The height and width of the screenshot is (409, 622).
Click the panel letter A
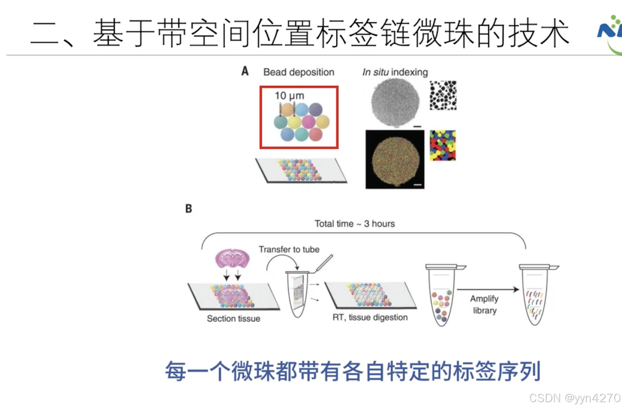(245, 71)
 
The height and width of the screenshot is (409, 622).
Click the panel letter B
(188, 209)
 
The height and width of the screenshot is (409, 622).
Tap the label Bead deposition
(299, 72)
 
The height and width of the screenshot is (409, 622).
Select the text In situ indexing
(395, 72)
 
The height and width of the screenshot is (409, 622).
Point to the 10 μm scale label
(289, 96)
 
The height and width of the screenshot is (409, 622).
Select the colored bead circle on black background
(395, 160)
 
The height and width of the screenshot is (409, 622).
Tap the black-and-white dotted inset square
(443, 95)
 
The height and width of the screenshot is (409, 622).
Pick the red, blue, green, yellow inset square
(443, 145)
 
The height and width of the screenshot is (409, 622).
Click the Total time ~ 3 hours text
(355, 224)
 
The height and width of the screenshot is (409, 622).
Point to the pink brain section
(232, 258)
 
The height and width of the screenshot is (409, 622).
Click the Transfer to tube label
(289, 249)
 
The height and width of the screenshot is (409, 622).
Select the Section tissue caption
(234, 319)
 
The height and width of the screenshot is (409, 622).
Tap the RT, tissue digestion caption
(370, 317)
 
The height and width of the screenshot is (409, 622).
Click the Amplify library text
(484, 305)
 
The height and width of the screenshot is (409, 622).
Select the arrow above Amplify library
(488, 290)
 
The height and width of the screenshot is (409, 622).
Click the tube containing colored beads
(441, 295)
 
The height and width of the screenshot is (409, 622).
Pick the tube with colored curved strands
(535, 295)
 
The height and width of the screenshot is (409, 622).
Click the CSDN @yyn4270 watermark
(575, 398)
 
